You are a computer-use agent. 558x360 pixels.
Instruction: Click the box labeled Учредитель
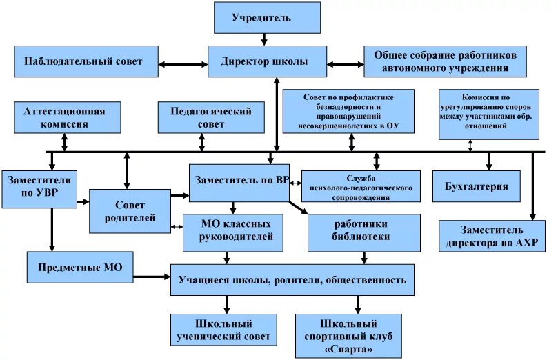click(267, 18)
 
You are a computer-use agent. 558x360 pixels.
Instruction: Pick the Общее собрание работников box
click(440, 61)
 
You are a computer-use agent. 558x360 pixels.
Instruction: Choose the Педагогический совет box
click(211, 117)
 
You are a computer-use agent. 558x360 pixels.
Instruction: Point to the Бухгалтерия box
click(476, 186)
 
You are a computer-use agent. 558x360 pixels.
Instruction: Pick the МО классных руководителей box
click(232, 231)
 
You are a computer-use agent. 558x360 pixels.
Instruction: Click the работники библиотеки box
click(362, 231)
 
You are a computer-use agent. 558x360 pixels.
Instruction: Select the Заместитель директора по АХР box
click(492, 236)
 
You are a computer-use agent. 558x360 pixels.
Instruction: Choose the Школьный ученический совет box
click(223, 330)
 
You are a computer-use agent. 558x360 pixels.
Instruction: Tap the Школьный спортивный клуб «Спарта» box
click(348, 336)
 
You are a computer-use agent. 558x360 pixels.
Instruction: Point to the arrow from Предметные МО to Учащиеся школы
click(151, 276)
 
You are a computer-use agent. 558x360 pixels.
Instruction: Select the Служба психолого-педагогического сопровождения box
click(361, 187)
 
